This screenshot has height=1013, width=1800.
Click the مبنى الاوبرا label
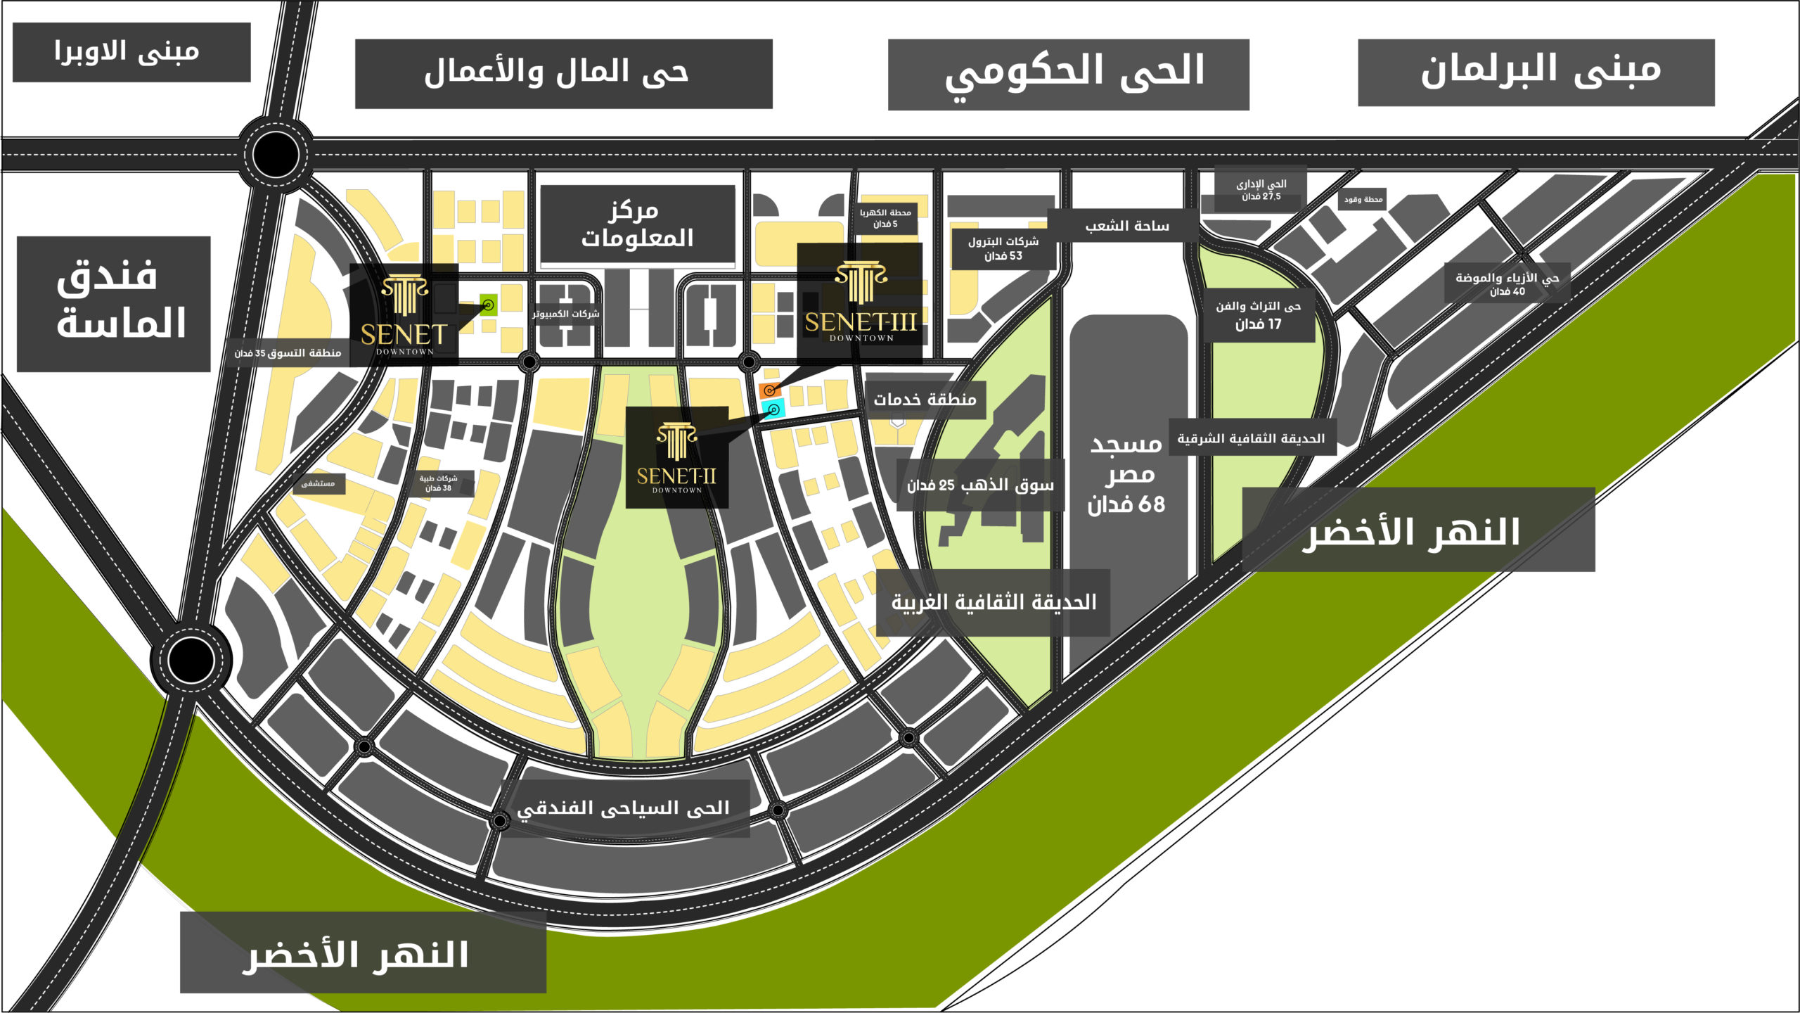(x=131, y=52)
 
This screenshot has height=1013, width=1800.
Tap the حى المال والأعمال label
(x=563, y=73)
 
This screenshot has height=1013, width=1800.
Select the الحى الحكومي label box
(x=1068, y=74)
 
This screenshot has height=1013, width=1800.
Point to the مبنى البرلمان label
(x=1536, y=72)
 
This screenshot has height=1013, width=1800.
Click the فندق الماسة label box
(x=114, y=303)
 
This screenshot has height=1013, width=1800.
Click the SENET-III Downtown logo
(x=860, y=302)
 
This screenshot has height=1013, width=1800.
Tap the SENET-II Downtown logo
(x=676, y=457)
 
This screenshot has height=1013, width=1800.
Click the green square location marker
(x=488, y=305)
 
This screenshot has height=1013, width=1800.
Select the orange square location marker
(x=769, y=390)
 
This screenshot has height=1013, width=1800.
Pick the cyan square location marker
(x=773, y=409)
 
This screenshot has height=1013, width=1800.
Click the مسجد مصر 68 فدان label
(x=1126, y=475)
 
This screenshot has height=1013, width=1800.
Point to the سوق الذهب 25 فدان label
(x=980, y=485)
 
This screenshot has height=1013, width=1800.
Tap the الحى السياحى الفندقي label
(x=623, y=808)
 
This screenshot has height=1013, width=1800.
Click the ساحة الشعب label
(x=1126, y=226)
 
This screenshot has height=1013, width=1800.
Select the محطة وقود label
(x=1363, y=199)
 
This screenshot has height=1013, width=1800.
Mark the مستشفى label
(x=319, y=483)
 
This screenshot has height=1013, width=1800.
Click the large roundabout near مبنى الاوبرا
(x=275, y=154)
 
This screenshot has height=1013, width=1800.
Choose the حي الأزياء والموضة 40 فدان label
(x=1507, y=283)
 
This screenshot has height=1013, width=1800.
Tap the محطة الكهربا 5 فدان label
(x=885, y=218)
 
